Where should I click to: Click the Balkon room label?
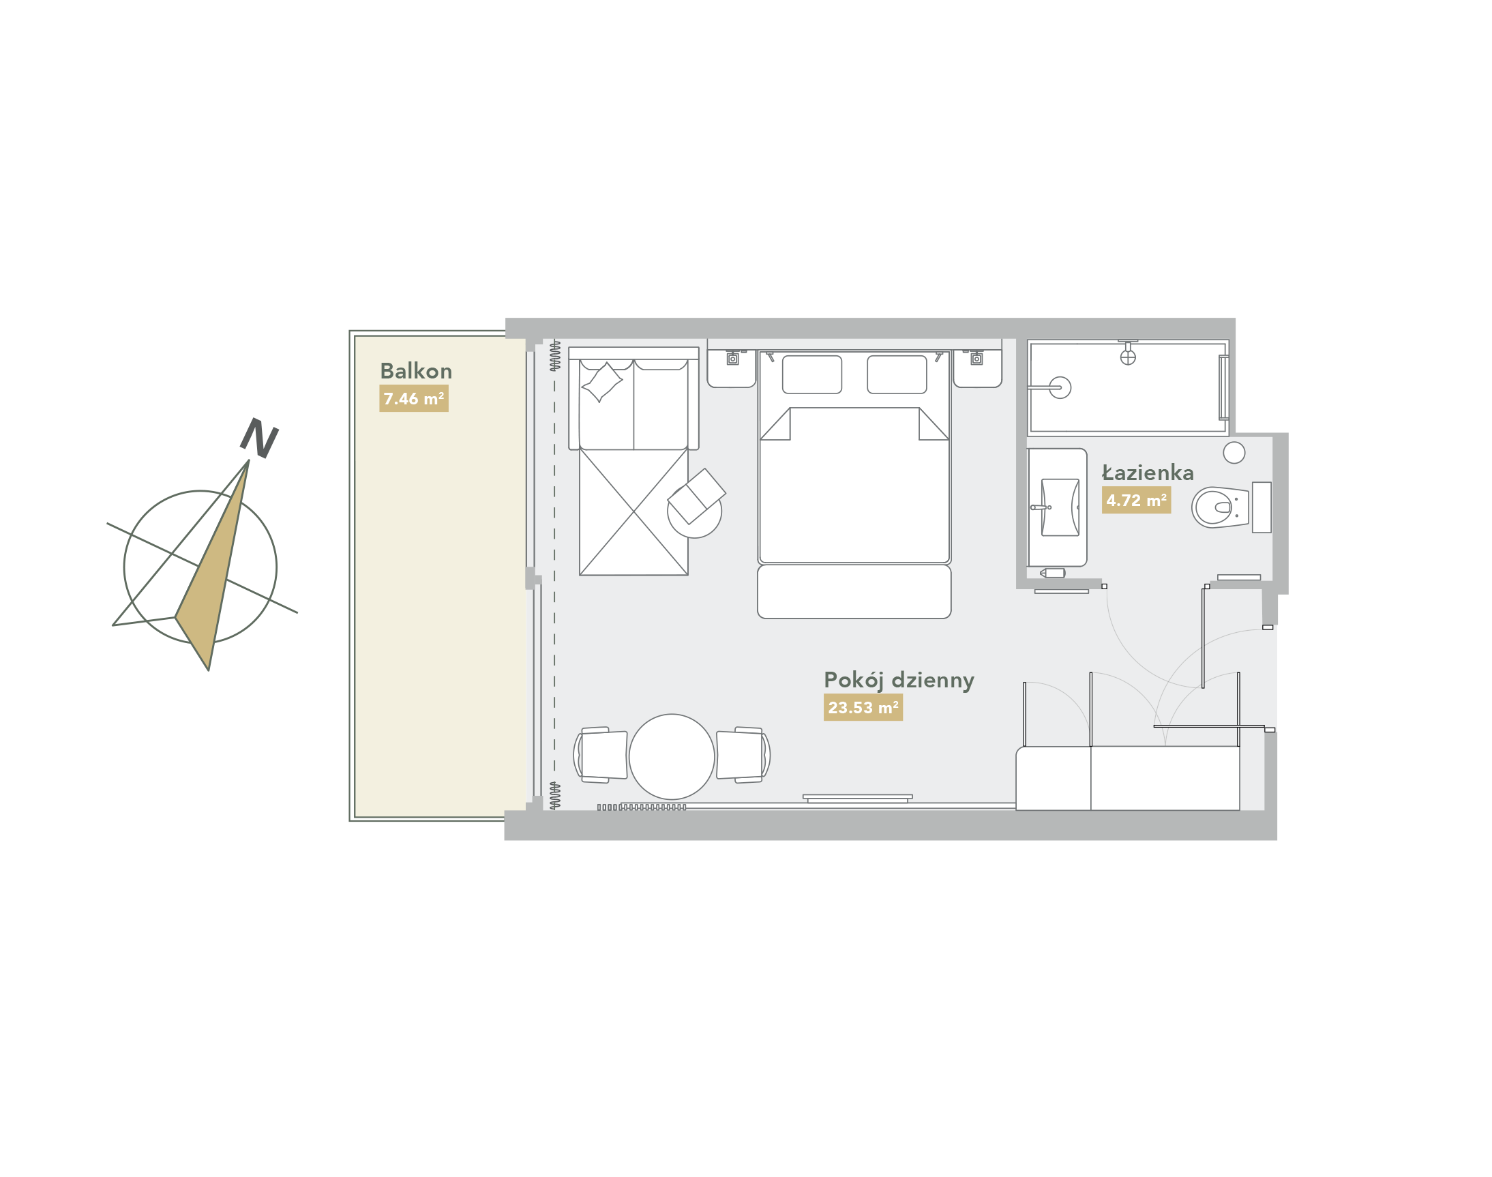pos(415,372)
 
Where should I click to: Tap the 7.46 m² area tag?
pos(413,399)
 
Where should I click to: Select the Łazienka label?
pos(1148,473)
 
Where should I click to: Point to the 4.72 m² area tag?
pos(1136,501)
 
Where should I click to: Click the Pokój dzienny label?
pos(899,681)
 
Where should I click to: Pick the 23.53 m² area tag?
pos(863,708)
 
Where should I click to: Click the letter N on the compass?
pos(259,438)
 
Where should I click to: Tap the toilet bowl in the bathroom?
pos(1220,508)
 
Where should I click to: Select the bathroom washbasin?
pos(1060,508)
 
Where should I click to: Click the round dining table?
pos(671,757)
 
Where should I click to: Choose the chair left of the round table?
pos(600,756)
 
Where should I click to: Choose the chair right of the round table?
pos(743,756)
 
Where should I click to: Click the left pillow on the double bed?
pos(812,375)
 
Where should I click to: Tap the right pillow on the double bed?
pos(897,375)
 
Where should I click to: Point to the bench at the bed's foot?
pos(854,592)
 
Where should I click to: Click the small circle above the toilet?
pos(1234,453)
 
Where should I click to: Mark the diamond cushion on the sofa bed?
pos(601,382)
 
